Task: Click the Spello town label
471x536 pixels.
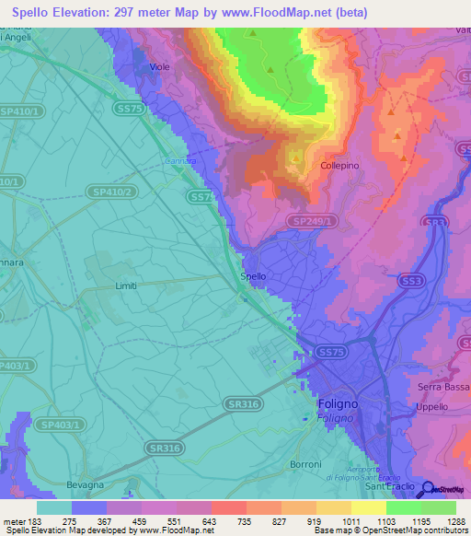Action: coord(253,276)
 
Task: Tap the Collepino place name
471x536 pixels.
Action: coord(339,167)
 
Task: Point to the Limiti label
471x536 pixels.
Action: coord(126,285)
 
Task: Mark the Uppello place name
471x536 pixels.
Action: coord(431,406)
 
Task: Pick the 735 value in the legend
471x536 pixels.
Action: coord(228,521)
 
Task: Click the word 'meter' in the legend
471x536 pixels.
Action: coord(13,521)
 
